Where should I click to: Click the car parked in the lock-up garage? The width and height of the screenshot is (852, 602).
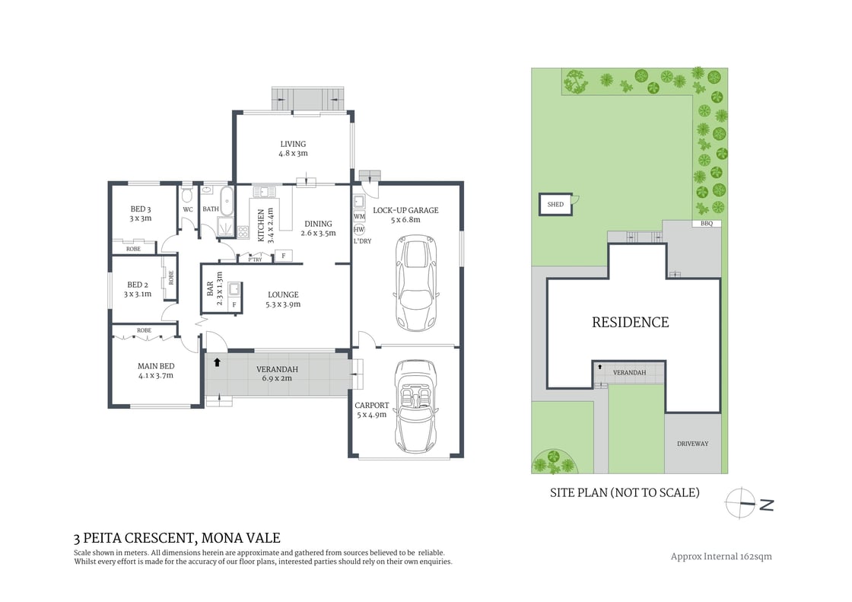(415, 283)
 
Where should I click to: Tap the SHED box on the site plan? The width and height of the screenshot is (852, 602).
(556, 205)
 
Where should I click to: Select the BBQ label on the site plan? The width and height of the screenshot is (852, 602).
(707, 224)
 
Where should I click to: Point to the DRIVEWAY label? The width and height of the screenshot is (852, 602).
(692, 444)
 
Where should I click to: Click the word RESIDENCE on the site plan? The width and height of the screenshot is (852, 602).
(631, 323)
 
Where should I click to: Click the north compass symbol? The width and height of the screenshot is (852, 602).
(749, 504)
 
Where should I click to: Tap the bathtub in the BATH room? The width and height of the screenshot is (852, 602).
(227, 200)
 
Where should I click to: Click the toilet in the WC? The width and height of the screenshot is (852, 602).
(187, 196)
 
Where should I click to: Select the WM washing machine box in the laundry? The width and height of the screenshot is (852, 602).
(359, 216)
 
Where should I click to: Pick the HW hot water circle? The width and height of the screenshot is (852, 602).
(358, 230)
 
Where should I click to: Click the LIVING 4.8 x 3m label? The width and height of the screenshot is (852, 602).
(293, 148)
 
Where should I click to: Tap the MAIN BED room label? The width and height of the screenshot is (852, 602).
(156, 371)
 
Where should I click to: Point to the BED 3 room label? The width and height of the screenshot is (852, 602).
(141, 214)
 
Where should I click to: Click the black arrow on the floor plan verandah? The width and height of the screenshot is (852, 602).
(218, 362)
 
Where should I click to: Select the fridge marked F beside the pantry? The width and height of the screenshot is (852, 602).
(283, 256)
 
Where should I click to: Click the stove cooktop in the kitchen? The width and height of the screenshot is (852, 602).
(243, 232)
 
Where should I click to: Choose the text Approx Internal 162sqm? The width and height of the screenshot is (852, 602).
(721, 556)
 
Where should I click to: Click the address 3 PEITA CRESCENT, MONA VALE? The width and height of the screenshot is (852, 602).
(177, 538)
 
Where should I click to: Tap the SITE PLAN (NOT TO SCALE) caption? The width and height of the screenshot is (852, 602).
(625, 492)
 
